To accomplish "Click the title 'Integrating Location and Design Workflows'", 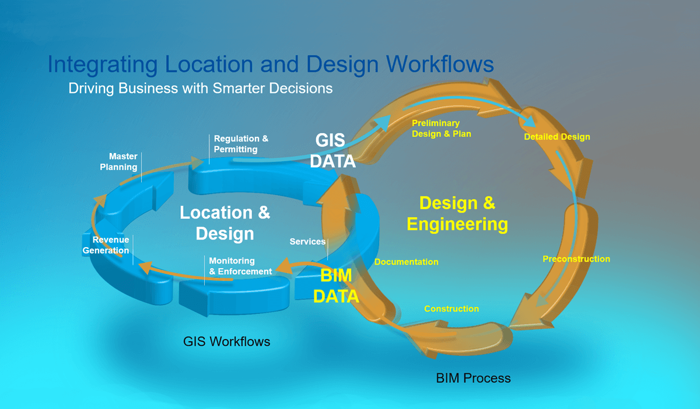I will [x=271, y=64].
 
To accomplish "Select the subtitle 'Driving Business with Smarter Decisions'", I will [x=201, y=88].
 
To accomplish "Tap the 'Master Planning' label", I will [x=123, y=162].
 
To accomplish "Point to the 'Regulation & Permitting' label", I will [x=241, y=144].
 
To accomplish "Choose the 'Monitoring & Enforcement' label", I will [x=240, y=266].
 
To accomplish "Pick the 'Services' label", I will [x=307, y=241].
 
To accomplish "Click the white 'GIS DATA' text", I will [x=332, y=151].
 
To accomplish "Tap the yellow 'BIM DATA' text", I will [x=336, y=286].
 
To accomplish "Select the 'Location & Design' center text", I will [x=225, y=223].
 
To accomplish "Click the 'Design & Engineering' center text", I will [x=457, y=213].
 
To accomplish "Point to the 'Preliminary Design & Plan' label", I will [x=441, y=129].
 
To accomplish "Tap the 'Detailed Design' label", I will [x=556, y=137].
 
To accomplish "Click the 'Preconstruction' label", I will [x=576, y=259].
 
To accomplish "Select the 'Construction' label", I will [x=452, y=309].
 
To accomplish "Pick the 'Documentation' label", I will [x=406, y=262].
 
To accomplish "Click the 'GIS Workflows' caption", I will [x=227, y=341].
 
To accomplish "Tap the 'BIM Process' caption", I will [x=473, y=378].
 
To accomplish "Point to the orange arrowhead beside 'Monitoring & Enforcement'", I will [x=284, y=268].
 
